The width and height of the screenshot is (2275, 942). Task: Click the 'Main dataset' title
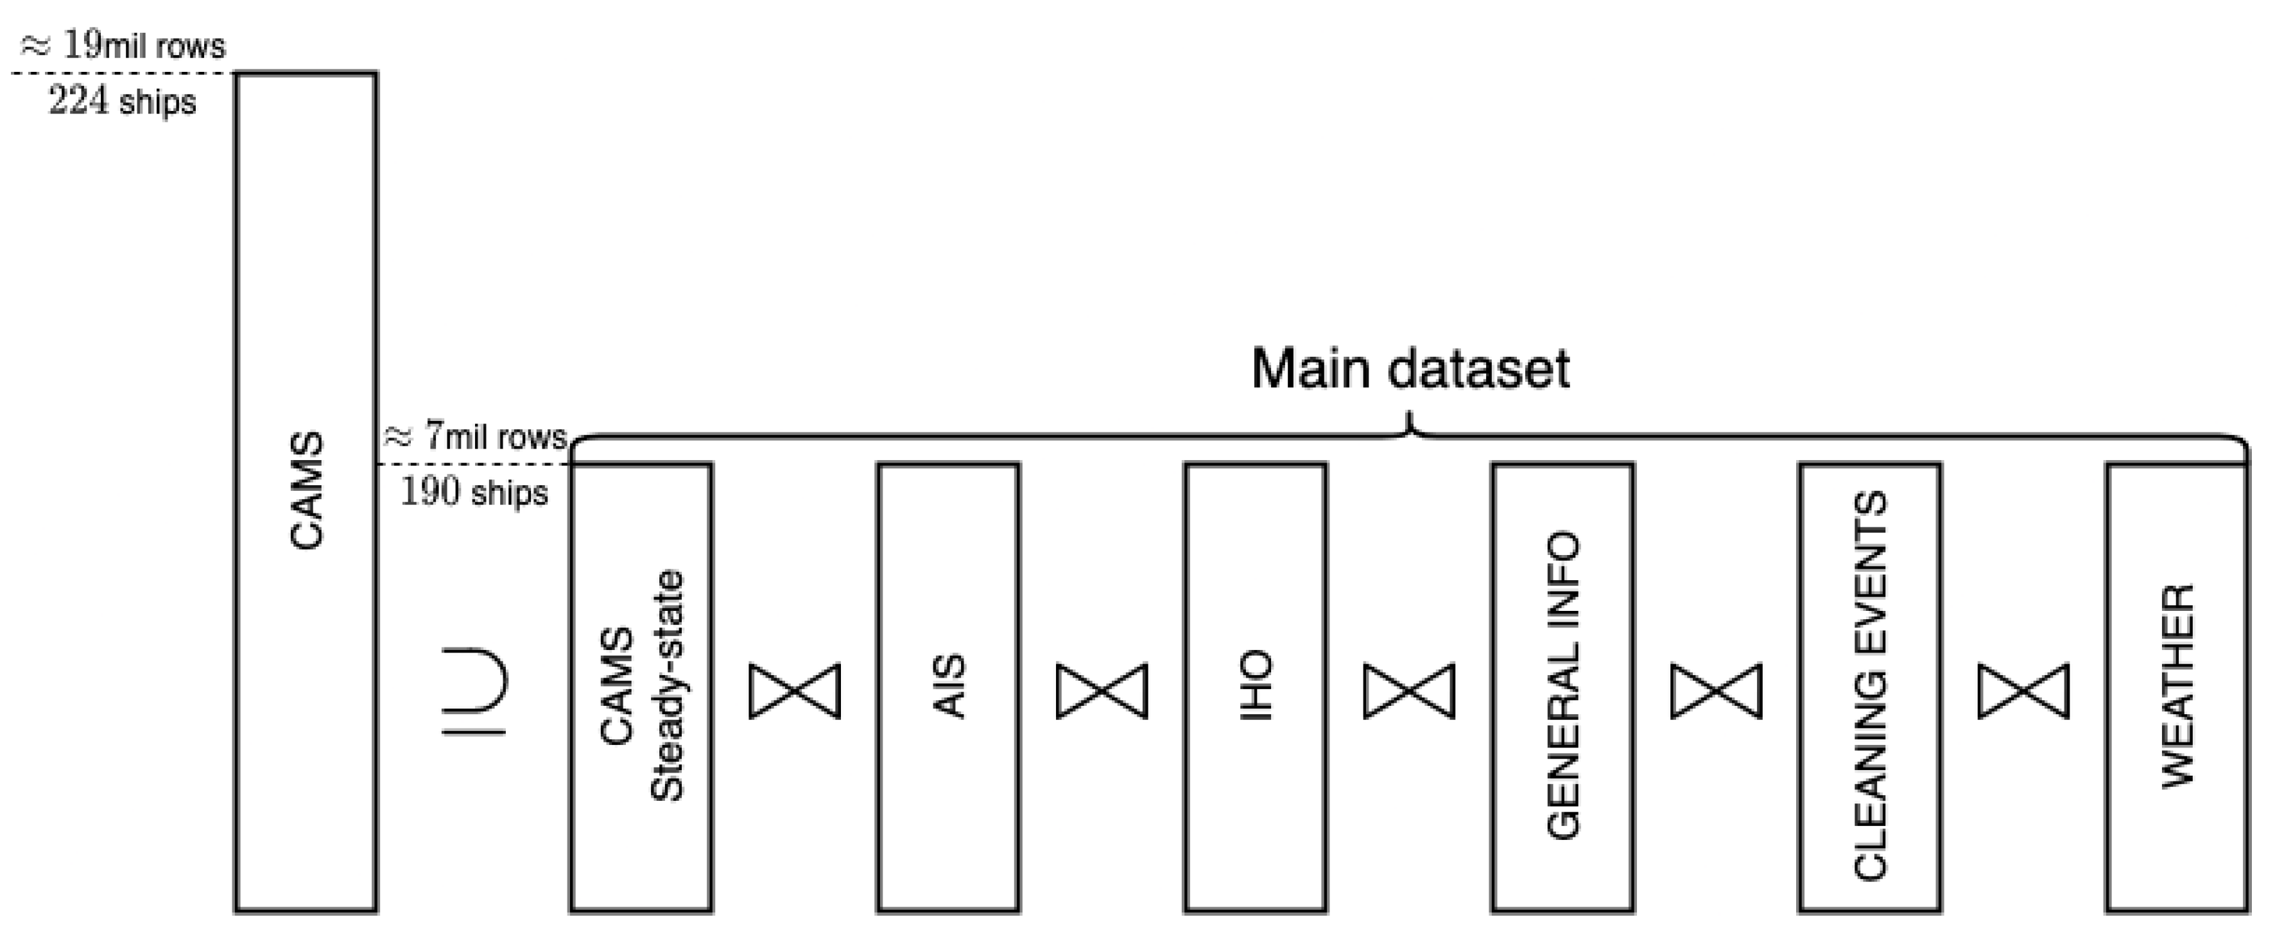pyautogui.click(x=1410, y=369)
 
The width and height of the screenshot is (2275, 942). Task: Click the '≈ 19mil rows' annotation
pyautogui.click(x=124, y=46)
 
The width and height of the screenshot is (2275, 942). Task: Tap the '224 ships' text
pyautogui.click(x=123, y=101)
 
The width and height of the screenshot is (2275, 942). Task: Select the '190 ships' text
pyautogui.click(x=474, y=492)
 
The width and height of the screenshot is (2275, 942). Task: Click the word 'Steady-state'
pyautogui.click(x=668, y=686)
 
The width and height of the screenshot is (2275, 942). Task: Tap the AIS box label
pyautogui.click(x=949, y=686)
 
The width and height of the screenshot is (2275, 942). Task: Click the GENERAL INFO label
pyautogui.click(x=1563, y=686)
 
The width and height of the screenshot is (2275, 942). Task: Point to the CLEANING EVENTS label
pyautogui.click(x=1871, y=686)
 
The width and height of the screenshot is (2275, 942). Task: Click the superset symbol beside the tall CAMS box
pyautogui.click(x=474, y=690)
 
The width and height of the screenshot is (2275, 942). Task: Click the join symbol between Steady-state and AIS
pyautogui.click(x=795, y=690)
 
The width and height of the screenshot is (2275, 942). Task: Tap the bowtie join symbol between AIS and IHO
pyautogui.click(x=1102, y=690)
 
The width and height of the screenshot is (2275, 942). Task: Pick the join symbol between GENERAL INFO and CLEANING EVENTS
pyautogui.click(x=1716, y=690)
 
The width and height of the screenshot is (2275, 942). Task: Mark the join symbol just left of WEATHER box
pyautogui.click(x=2023, y=690)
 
